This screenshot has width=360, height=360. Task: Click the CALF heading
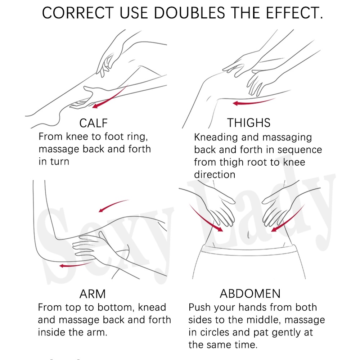coord(94,123)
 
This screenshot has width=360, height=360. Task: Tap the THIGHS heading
coord(249,123)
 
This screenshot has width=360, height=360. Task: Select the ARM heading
coord(93,294)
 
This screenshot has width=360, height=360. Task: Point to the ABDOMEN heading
coord(250,293)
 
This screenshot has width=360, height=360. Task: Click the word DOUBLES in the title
coord(189,13)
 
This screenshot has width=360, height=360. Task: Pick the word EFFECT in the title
coord(294,13)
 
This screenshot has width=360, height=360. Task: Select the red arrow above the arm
coord(113,205)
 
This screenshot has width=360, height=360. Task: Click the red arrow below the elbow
coord(76,265)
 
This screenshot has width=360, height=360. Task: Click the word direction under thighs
coord(215,175)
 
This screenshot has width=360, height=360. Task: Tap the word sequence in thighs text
coord(300,150)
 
